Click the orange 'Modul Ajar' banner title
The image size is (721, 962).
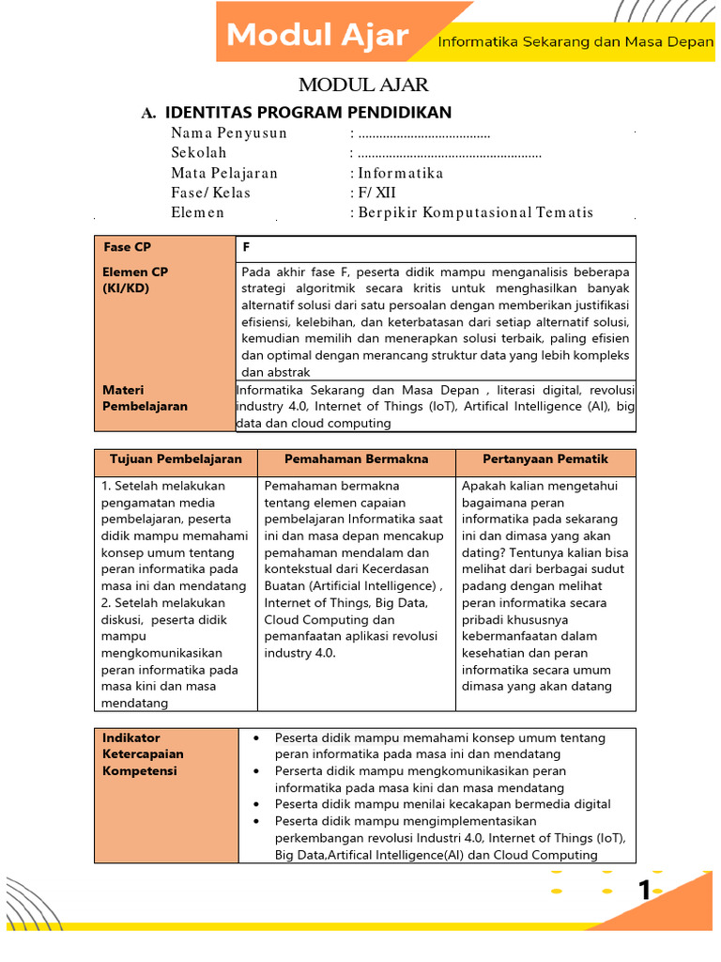pos(318,36)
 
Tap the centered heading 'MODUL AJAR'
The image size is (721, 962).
pos(363,85)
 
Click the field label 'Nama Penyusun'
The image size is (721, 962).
pos(229,133)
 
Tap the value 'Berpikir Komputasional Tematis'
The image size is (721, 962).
pos(475,212)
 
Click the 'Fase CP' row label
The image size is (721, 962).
pos(127,247)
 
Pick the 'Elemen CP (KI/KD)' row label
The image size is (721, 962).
pos(136,280)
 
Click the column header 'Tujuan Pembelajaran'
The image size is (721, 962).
pos(176,459)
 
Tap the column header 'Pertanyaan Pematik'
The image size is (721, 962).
pos(545,459)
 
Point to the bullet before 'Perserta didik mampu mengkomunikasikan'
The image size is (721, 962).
pos(256,770)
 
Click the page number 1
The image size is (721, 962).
pos(645,891)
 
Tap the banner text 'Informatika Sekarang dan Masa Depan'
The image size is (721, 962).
pos(575,42)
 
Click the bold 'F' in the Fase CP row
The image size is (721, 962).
pos(246,247)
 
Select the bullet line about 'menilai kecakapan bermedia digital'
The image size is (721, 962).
pos(442,804)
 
